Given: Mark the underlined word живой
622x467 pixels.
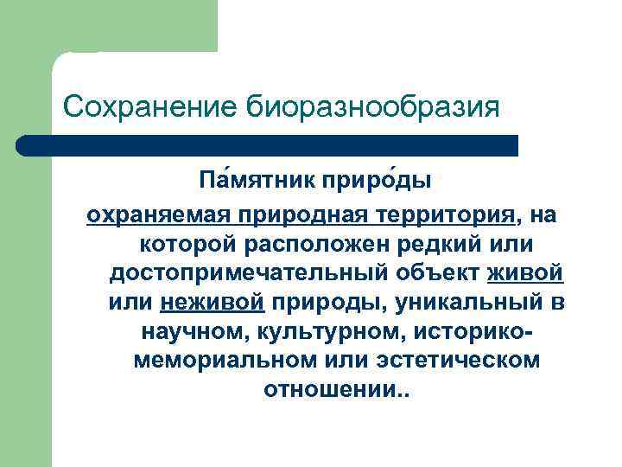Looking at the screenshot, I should pos(526,273).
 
